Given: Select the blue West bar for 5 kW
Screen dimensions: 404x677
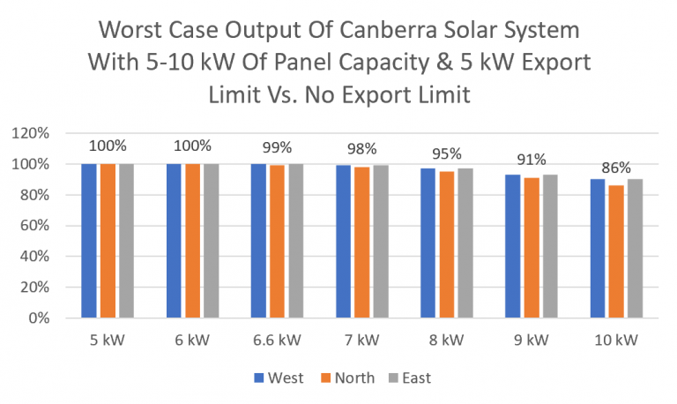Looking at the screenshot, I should [x=89, y=241].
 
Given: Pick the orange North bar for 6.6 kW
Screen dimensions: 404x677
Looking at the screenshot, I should [x=277, y=242].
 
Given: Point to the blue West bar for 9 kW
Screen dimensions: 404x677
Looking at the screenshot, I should [x=512, y=246].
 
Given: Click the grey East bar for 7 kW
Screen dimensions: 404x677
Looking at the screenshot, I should [x=380, y=242].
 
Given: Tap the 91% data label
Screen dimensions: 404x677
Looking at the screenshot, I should [x=531, y=159].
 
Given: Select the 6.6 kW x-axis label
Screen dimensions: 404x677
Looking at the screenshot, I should [x=277, y=340].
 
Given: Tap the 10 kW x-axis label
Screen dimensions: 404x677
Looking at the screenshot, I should [x=615, y=340].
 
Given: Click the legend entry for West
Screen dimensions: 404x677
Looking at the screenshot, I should [x=279, y=378].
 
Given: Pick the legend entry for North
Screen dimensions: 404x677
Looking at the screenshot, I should [x=346, y=378].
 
